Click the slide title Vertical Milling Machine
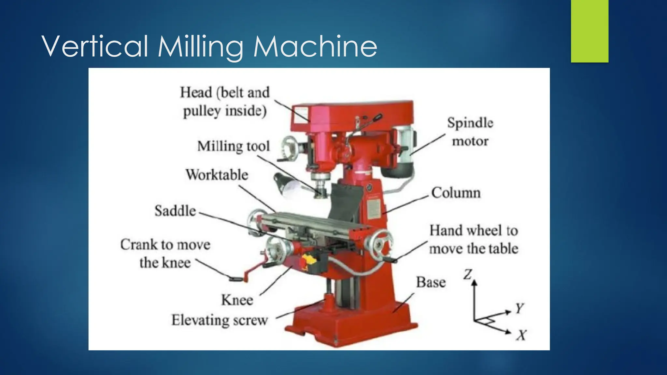[x=209, y=47]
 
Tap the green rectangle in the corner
[x=589, y=31]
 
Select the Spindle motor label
[x=470, y=132]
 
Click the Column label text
[x=456, y=193]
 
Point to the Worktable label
[x=217, y=175]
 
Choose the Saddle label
[x=175, y=211]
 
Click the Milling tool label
[x=234, y=146]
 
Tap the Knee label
[x=237, y=300]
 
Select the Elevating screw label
[x=220, y=320]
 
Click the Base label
[x=431, y=282]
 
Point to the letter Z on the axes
[x=468, y=274]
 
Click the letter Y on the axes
[x=519, y=308]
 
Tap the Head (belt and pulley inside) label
[x=225, y=102]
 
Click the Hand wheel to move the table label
[x=474, y=240]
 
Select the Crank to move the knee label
[x=165, y=254]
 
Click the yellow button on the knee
[x=309, y=259]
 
